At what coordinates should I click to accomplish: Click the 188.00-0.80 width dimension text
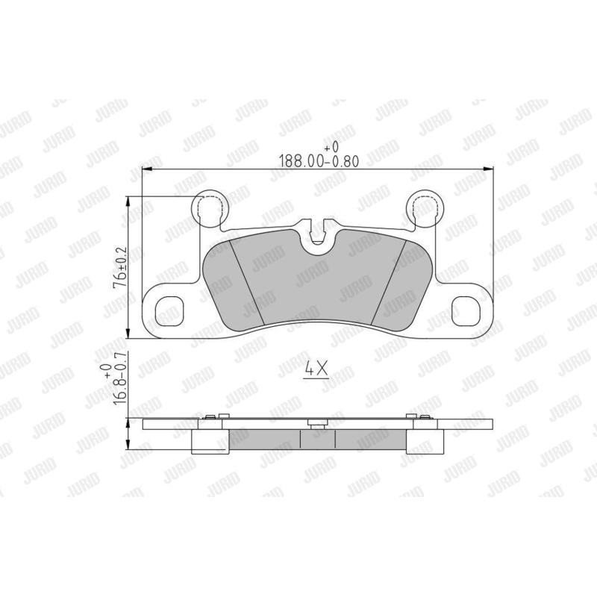tap(319, 161)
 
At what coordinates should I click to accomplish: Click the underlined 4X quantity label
tap(316, 369)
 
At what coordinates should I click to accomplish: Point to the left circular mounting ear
tap(210, 207)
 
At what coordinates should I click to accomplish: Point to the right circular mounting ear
tap(425, 207)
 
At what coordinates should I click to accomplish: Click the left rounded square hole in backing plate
tap(170, 311)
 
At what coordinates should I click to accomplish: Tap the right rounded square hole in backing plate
tap(465, 311)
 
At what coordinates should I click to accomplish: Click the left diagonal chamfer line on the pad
tap(248, 283)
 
